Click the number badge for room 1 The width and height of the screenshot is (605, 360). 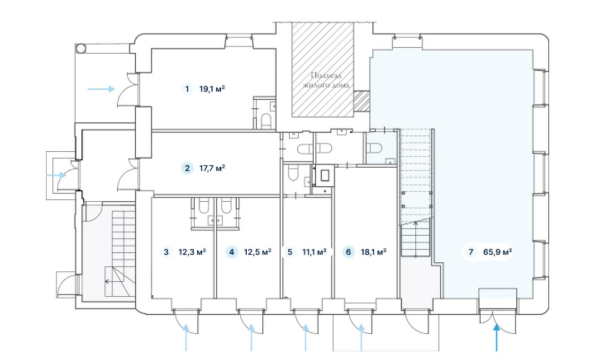pyautogui.click(x=187, y=89)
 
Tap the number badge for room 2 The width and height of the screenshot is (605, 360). pyautogui.click(x=187, y=168)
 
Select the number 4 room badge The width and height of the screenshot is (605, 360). pyautogui.click(x=232, y=252)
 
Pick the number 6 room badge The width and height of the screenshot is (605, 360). pyautogui.click(x=348, y=252)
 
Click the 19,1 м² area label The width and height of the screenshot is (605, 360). pyautogui.click(x=212, y=89)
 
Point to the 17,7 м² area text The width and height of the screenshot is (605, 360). pyautogui.click(x=212, y=168)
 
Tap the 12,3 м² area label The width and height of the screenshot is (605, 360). pyautogui.click(x=192, y=252)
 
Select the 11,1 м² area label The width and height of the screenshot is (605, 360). pyautogui.click(x=314, y=252)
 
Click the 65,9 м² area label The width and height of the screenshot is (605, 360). pyautogui.click(x=498, y=252)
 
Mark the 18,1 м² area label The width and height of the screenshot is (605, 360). pyautogui.click(x=373, y=252)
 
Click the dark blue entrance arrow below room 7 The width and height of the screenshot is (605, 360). pyautogui.click(x=496, y=338)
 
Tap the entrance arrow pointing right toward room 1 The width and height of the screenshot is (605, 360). pyautogui.click(x=101, y=89)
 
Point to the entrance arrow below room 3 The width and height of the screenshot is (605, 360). pyautogui.click(x=186, y=338)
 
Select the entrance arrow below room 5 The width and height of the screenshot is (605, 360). pyautogui.click(x=305, y=338)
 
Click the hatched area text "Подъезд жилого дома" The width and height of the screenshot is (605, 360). pyautogui.click(x=326, y=80)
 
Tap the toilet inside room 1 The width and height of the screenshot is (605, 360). pyautogui.click(x=266, y=121)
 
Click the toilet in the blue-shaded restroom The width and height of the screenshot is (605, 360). pyautogui.click(x=374, y=148)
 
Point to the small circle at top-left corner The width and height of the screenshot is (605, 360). pyautogui.click(x=81, y=49)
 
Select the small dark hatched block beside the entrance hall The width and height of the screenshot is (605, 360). pyautogui.click(x=362, y=101)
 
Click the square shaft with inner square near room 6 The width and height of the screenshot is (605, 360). pyautogui.click(x=325, y=176)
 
